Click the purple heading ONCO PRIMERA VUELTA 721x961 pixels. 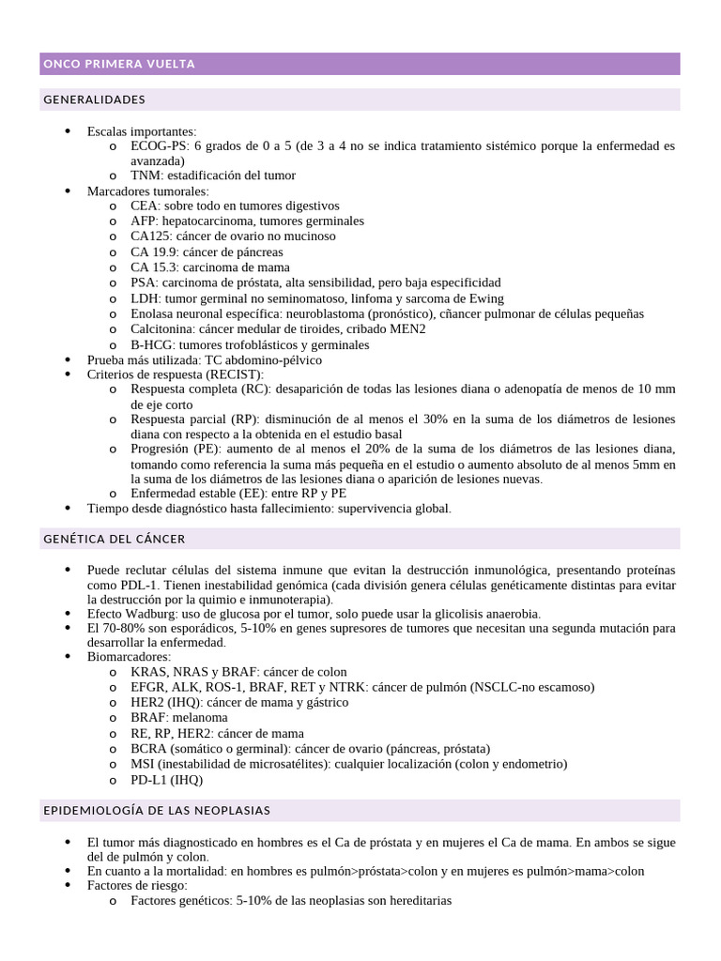[119, 64]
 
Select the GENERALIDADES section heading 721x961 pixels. [94, 99]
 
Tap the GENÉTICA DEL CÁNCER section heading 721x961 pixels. [115, 539]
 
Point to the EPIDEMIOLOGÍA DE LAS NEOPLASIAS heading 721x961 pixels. [157, 809]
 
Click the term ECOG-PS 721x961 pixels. [159, 146]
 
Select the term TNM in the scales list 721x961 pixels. [145, 175]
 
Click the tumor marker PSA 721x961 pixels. [143, 282]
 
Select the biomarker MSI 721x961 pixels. [143, 764]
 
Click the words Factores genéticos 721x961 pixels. [180, 900]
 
